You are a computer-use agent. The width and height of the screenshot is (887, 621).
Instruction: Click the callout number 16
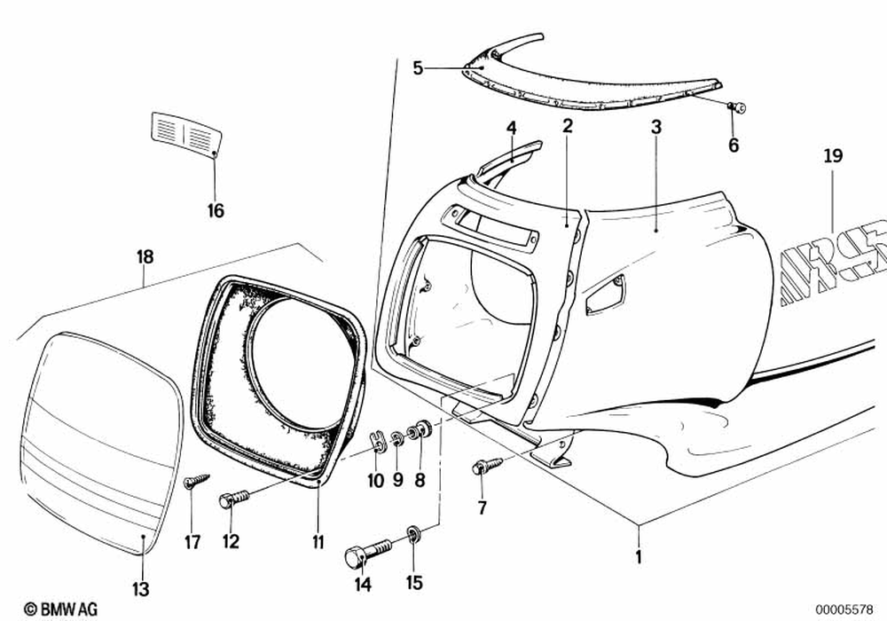coord(216,211)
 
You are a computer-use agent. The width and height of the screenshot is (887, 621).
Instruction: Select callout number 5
coord(419,67)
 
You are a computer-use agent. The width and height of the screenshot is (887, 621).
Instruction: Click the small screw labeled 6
coord(735,107)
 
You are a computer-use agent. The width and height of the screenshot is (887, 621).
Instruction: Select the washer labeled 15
coord(414,534)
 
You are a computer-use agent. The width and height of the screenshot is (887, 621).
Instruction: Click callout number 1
coord(637,559)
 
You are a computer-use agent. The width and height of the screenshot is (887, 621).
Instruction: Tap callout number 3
coord(655,128)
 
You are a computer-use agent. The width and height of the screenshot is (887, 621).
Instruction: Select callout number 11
coord(318,541)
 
